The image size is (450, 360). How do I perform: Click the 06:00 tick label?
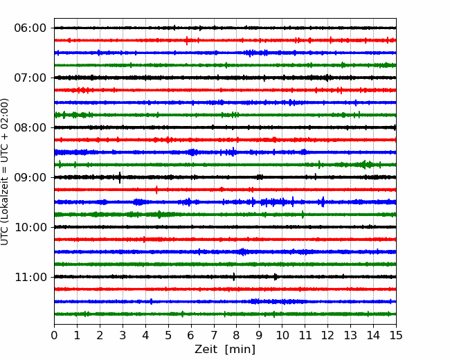[x=30, y=28]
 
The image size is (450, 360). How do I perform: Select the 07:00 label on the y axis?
[x=30, y=78]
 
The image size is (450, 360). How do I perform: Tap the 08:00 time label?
[x=30, y=128]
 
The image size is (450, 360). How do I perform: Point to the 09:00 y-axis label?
[x=30, y=177]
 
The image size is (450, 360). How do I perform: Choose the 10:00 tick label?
[x=30, y=227]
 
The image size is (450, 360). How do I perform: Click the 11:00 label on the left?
[x=30, y=278]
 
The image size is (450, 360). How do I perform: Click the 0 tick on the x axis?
[x=54, y=335]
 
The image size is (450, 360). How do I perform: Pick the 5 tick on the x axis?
[x=168, y=335]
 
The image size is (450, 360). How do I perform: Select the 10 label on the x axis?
[x=282, y=335]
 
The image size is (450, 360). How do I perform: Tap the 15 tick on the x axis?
[x=396, y=335]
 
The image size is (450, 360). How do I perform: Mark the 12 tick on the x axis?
[x=327, y=335]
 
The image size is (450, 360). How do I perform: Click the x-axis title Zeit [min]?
[x=225, y=350]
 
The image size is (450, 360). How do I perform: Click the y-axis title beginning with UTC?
[x=4, y=172]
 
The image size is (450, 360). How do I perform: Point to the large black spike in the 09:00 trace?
[x=120, y=177]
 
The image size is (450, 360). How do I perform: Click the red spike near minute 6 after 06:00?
[x=187, y=40]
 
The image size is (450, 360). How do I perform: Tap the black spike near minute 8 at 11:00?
[x=233, y=277]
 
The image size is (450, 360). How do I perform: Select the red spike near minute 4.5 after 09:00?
[x=156, y=190]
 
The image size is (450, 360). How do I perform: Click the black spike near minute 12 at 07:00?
[x=327, y=78]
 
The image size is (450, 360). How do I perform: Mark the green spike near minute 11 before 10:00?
[x=303, y=215]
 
